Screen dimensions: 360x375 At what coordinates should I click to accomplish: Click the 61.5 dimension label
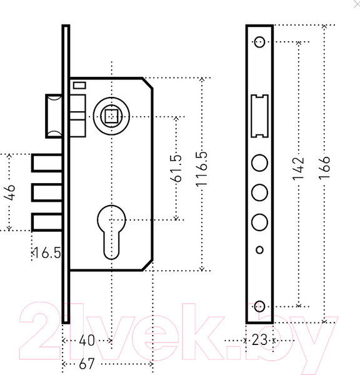point(176,168)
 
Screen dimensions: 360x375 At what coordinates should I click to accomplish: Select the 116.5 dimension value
point(202,169)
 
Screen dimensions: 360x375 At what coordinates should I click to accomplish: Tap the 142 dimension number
point(298,169)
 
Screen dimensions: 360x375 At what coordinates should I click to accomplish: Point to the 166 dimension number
point(324,167)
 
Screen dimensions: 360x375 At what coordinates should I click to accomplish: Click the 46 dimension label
point(9,192)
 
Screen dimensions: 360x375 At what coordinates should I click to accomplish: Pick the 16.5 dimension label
point(47,252)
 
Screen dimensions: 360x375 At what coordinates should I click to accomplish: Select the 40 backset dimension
point(87,341)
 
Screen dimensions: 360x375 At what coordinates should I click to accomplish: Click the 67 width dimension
point(87,364)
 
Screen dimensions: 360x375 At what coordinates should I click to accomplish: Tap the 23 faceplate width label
point(259,340)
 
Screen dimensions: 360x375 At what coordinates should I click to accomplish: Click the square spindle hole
point(111,116)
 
